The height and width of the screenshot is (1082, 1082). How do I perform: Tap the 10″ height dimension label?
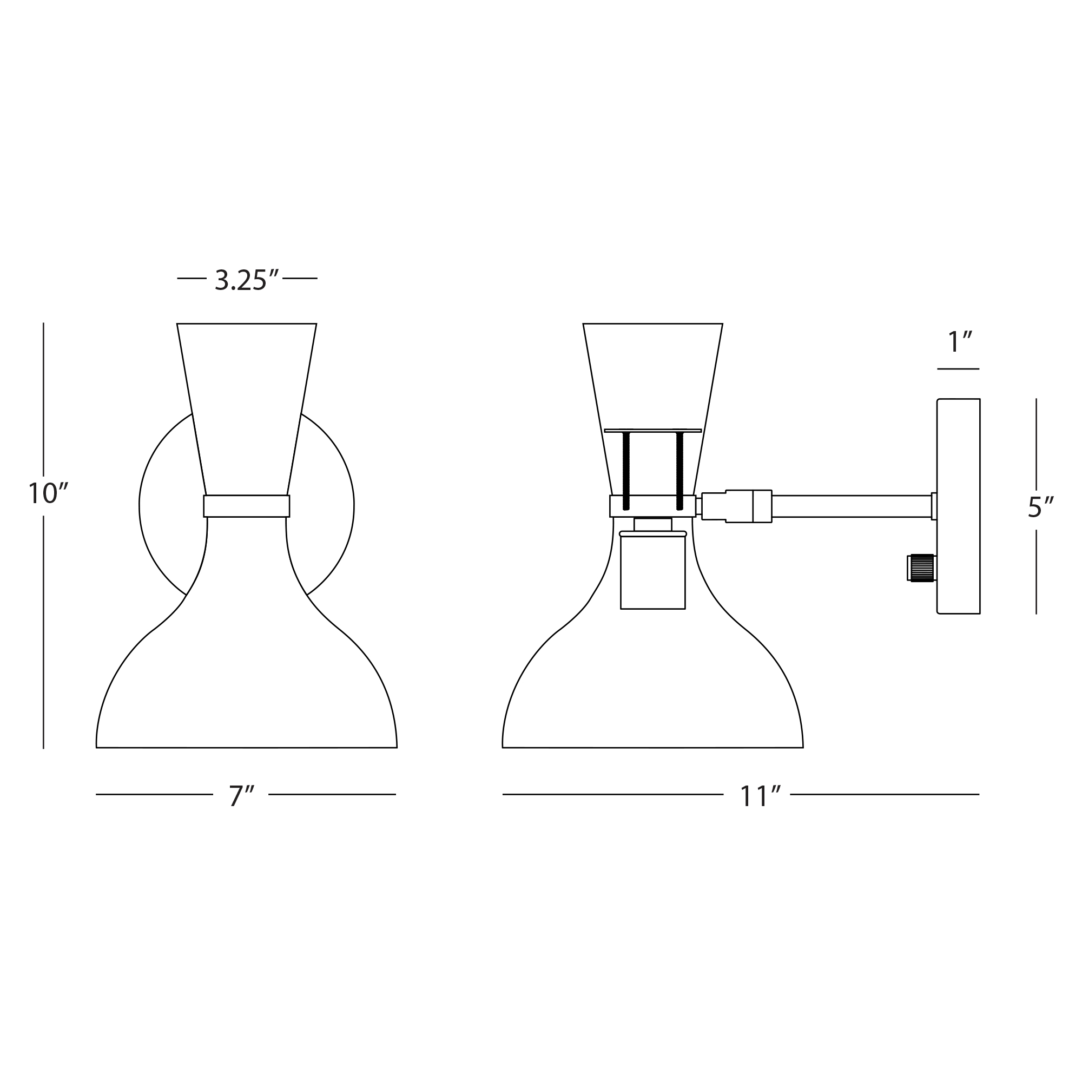(x=48, y=493)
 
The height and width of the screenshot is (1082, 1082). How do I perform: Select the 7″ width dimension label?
(x=241, y=796)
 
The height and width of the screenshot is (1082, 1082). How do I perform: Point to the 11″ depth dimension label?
(x=760, y=796)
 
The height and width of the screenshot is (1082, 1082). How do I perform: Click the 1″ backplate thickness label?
(x=959, y=342)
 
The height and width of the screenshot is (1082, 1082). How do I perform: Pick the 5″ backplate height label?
(x=1040, y=507)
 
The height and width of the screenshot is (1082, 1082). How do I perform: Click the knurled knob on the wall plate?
(x=921, y=568)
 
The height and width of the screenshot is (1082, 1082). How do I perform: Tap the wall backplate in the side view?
(x=958, y=506)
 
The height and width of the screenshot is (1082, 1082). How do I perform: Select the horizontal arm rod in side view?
(x=851, y=506)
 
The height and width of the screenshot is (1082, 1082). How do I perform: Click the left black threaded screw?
(x=626, y=471)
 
